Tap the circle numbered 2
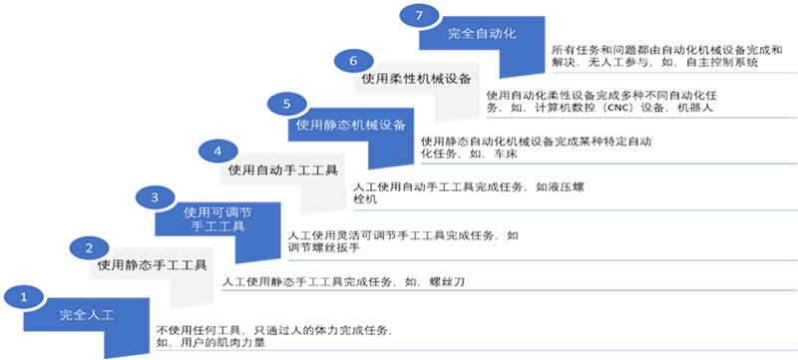(90, 248)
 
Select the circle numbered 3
(155, 198)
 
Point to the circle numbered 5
(288, 104)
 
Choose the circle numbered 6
(353, 61)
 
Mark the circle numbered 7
(419, 16)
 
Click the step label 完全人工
(88, 315)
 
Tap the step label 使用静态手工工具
(154, 266)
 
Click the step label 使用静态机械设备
(352, 126)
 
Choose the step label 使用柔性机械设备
(417, 78)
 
